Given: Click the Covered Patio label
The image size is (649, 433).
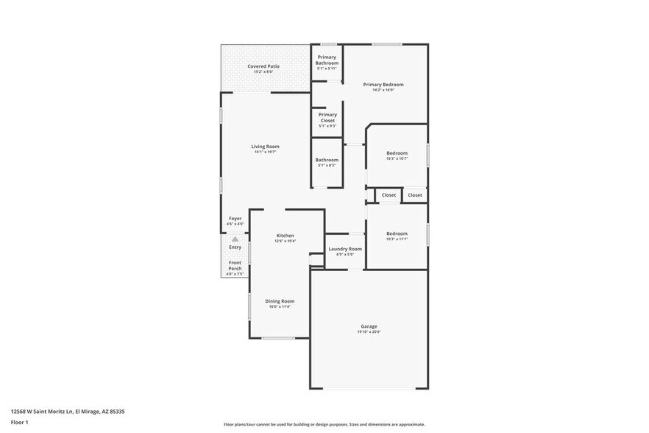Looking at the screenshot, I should click(263, 66).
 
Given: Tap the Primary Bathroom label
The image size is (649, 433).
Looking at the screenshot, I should click(327, 60).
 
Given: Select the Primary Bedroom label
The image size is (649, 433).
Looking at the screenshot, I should click(383, 85).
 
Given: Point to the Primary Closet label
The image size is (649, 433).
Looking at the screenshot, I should click(327, 117).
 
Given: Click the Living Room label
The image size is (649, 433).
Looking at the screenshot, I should click(265, 147).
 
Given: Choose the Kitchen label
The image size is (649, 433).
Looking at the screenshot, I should click(285, 236).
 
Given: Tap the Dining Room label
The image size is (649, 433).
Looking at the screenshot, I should click(280, 300).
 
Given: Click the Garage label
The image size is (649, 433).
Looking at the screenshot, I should click(369, 326).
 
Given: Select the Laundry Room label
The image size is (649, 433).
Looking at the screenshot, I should click(345, 249).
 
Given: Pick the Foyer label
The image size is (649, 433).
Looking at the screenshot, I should click(235, 218).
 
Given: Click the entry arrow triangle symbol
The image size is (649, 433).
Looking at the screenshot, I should click(235, 239).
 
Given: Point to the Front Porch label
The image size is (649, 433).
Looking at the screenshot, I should click(235, 266).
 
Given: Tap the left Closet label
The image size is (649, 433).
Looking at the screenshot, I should click(389, 195).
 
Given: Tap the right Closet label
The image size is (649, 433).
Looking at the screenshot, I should click(415, 195).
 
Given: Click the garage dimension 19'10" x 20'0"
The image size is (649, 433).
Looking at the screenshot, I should click(369, 332).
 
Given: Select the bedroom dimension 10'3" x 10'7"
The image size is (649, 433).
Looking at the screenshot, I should click(397, 158).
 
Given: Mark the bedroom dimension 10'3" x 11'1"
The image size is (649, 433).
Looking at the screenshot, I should click(397, 239).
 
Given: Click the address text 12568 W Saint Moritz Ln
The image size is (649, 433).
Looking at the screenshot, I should click(44, 412).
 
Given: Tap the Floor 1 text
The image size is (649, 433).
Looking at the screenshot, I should click(20, 422).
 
